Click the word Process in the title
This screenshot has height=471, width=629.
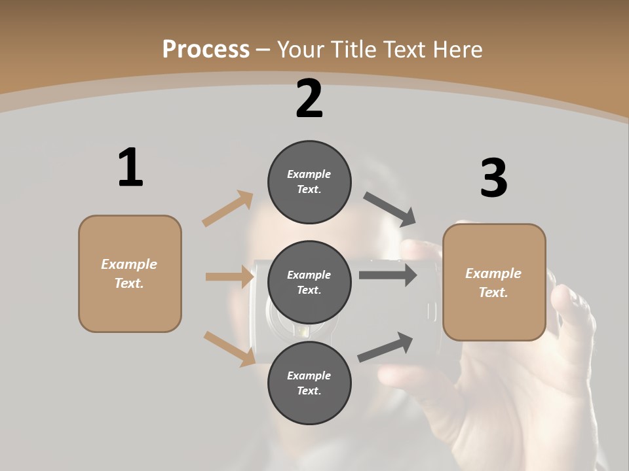[206, 49]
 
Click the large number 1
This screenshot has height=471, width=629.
[130, 167]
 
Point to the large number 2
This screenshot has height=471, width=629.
[309, 99]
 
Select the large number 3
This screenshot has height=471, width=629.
[493, 178]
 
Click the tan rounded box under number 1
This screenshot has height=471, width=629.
[130, 273]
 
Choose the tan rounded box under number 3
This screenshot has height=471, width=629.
[494, 283]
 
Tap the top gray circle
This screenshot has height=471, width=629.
[309, 182]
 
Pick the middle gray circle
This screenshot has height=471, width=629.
[309, 283]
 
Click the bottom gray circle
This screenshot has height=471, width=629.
[309, 383]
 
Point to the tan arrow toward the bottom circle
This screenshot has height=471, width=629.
[229, 349]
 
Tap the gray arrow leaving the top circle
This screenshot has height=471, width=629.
[390, 209]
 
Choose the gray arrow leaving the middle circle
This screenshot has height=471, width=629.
[387, 275]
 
